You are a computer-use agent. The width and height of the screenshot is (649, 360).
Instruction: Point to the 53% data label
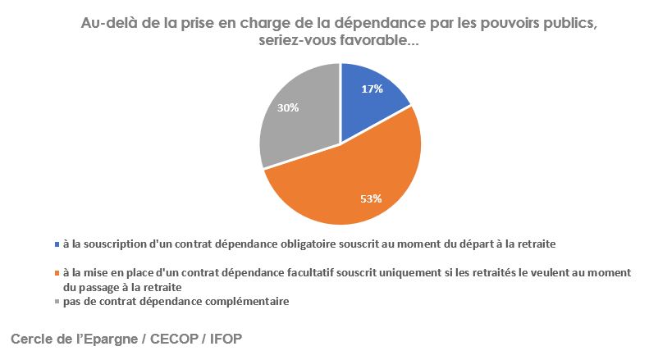click(x=372, y=198)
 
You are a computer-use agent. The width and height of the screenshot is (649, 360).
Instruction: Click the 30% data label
click(x=287, y=107)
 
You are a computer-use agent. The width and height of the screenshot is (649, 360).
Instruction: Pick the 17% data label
click(x=372, y=89)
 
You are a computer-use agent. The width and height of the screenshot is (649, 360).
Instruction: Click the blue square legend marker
click(x=56, y=244)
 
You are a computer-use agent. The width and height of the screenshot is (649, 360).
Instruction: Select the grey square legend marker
click(x=56, y=302)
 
